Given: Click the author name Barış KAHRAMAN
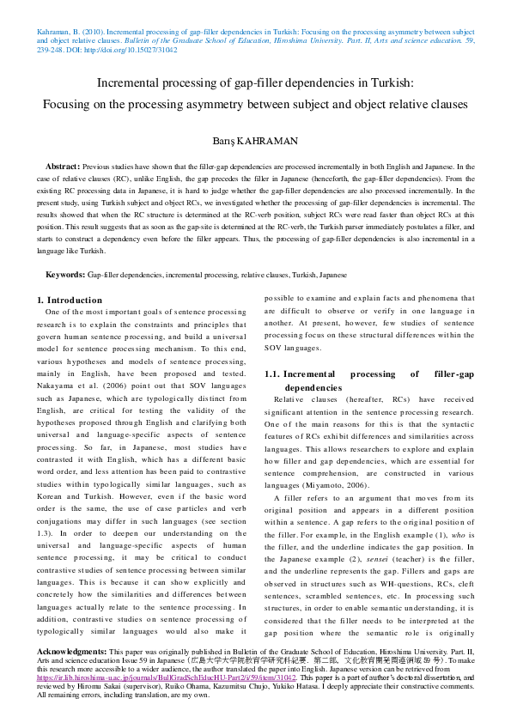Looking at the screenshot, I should click(255, 140).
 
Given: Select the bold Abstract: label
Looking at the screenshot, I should click(63, 165).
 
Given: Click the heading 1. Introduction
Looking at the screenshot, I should click(70, 300).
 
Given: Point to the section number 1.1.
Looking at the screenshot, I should click(271, 374).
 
